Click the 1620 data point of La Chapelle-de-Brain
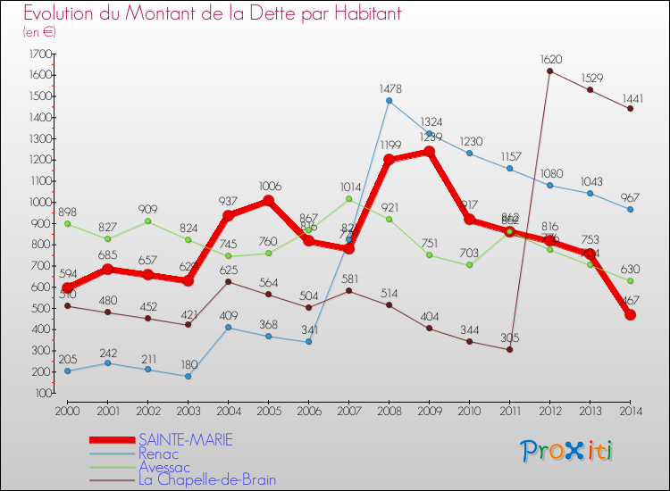(549, 71)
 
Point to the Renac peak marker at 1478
(389, 101)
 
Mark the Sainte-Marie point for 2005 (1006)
(268, 201)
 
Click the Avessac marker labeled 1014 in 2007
(348, 199)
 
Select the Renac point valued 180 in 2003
(188, 376)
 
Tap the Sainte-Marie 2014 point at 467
(630, 315)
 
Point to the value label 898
(67, 212)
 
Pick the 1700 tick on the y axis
(40, 54)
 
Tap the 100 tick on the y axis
(43, 393)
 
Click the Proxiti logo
(568, 450)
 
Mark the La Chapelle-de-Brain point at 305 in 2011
(509, 349)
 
